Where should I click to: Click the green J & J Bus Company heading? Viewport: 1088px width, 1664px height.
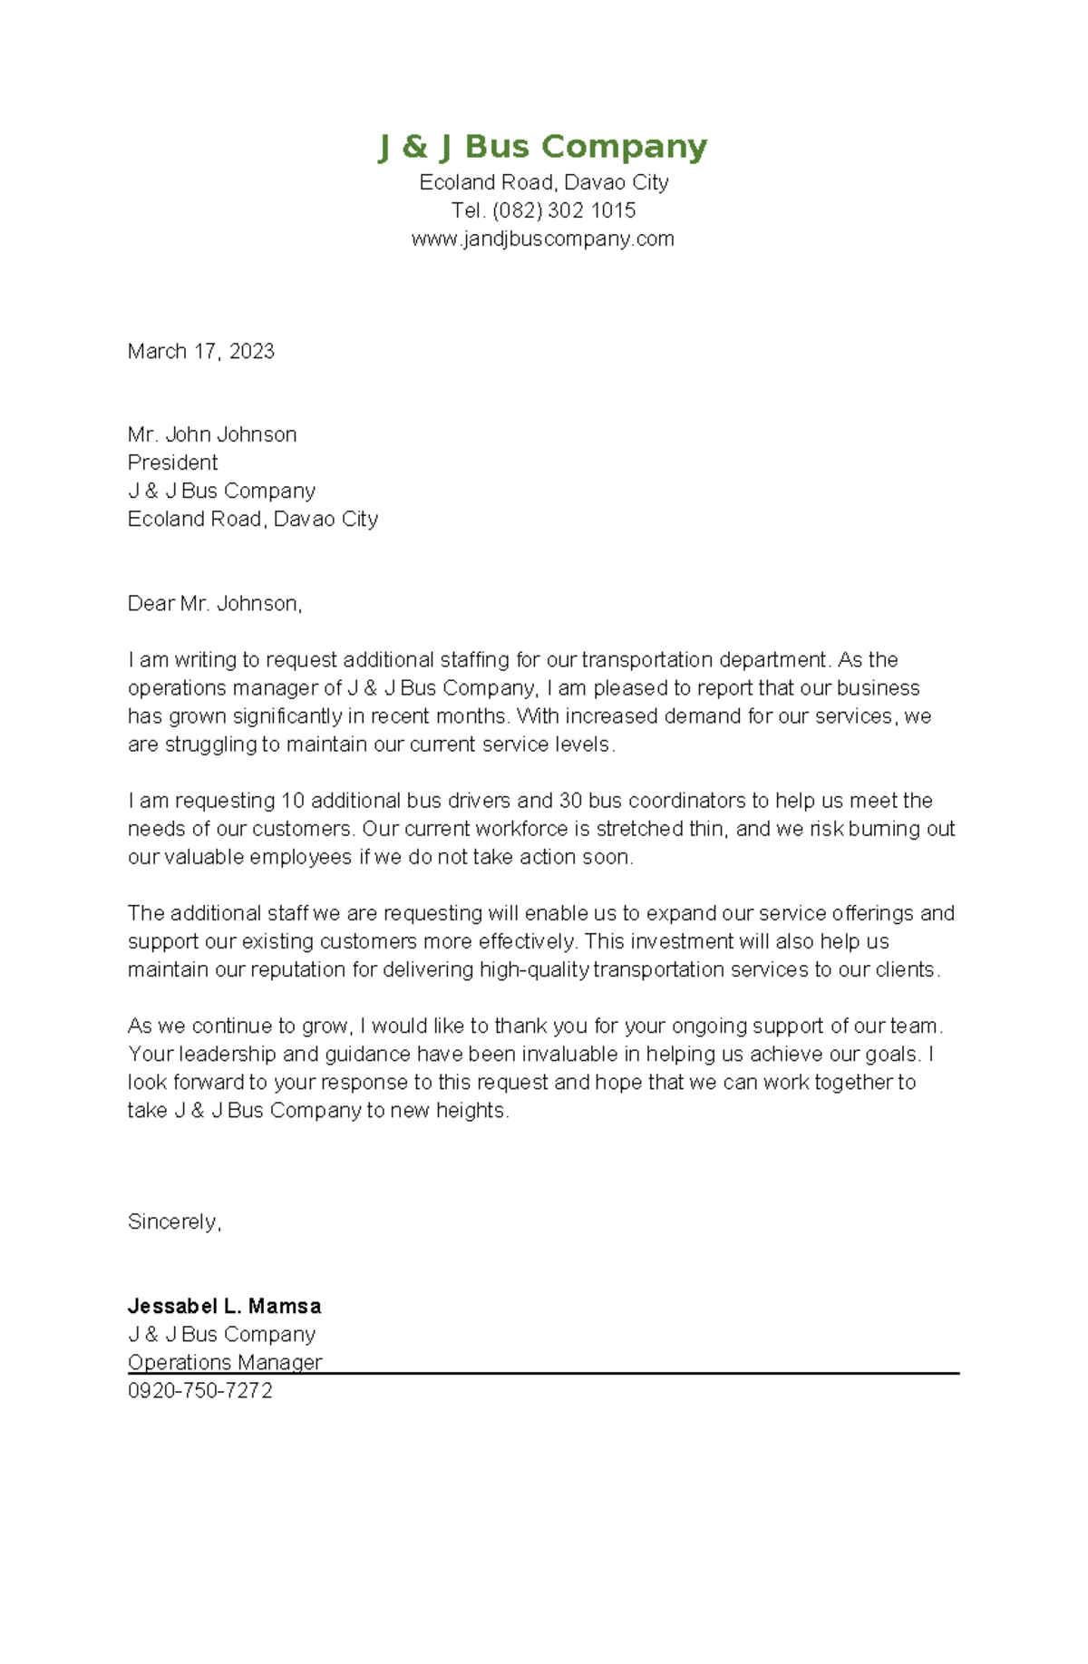(x=542, y=147)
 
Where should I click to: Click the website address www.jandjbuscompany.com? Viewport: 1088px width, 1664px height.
(x=542, y=238)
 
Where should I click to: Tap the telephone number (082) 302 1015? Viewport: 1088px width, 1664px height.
(x=564, y=210)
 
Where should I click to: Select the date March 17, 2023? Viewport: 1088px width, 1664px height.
(x=200, y=351)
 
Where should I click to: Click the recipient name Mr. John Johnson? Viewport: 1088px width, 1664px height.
(x=212, y=434)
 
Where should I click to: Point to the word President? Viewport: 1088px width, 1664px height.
(x=172, y=462)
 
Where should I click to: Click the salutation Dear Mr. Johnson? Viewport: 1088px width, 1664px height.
(x=214, y=603)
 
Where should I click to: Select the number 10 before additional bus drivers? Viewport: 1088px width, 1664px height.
(x=293, y=801)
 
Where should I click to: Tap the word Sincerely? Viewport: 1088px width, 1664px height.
(x=173, y=1221)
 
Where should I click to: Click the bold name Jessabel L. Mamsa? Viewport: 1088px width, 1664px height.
(x=224, y=1306)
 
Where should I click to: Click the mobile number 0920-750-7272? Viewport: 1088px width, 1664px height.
(x=199, y=1390)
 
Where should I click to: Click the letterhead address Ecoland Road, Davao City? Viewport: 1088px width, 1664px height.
(x=543, y=182)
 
